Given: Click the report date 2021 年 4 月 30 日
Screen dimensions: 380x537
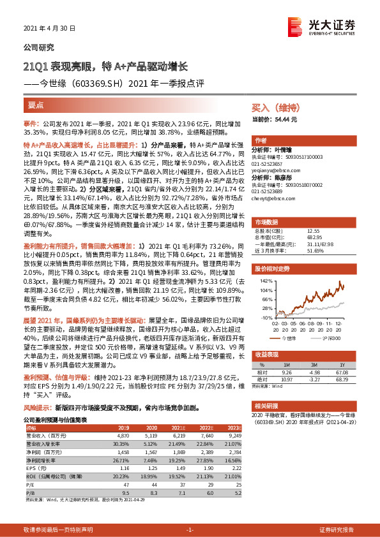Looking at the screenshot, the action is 49,29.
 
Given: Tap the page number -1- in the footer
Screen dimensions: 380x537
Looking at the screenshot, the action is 189,529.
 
